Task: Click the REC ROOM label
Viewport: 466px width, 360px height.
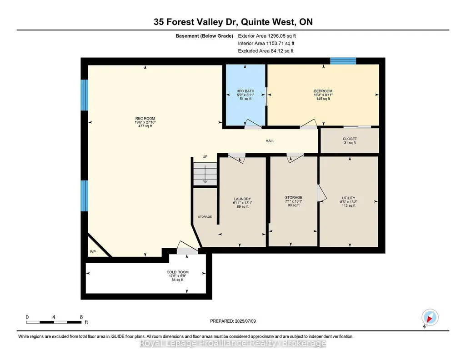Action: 145,119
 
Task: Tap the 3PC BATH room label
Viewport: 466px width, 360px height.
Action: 246,91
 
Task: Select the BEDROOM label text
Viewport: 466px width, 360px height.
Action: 323,91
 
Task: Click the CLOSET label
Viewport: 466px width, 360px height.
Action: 350,139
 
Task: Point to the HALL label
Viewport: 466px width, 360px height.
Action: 270,141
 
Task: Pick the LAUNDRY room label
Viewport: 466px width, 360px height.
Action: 242,199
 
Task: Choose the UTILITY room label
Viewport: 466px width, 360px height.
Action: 349,198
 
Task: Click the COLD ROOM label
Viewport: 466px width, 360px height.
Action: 177,272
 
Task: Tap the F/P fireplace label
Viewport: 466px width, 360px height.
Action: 93,251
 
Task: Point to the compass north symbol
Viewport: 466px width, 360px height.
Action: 430,318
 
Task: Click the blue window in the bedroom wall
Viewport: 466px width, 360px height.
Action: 343,61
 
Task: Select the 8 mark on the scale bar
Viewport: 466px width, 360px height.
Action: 81,317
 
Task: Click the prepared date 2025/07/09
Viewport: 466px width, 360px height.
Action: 245,321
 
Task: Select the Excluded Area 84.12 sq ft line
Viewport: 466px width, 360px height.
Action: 266,51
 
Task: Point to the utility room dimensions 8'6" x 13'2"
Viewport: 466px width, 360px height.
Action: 349,202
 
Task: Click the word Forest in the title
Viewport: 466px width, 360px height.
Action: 180,22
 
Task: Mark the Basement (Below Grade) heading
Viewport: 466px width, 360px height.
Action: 205,36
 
